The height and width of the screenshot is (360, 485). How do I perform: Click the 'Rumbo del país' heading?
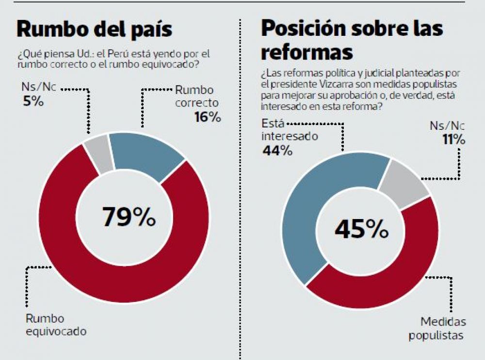pos(94,29)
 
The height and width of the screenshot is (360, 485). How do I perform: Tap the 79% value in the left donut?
pos(129,217)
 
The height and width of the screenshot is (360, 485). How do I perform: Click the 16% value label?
pos(209,117)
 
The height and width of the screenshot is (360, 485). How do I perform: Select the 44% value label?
pos(277,151)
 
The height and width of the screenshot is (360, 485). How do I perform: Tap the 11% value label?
pos(453,140)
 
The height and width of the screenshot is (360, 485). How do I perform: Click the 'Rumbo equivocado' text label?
pos(56,325)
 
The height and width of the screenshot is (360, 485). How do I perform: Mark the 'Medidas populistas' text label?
pos(437,329)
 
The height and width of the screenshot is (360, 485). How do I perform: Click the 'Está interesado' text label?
pos(290,129)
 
